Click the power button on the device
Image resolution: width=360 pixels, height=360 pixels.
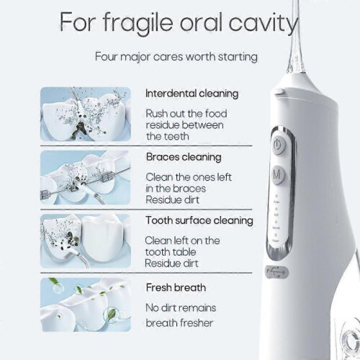[278, 145]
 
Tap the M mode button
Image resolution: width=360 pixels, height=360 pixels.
[278, 174]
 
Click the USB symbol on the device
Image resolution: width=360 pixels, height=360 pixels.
[276, 272]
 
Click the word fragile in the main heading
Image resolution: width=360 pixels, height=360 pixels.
[138, 23]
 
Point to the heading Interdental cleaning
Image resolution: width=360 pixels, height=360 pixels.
[192, 94]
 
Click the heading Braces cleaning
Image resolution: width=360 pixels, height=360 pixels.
[184, 157]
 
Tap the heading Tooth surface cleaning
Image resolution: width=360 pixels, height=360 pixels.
[199, 220]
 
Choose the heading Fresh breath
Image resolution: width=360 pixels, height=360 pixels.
[176, 287]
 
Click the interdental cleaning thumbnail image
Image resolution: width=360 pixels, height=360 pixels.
[86, 114]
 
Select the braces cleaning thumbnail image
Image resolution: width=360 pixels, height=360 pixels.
[85, 178]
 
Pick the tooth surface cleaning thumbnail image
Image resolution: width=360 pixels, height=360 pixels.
[86, 241]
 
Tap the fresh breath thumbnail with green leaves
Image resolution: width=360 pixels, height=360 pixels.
[86, 305]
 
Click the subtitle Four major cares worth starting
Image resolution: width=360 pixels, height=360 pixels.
[176, 57]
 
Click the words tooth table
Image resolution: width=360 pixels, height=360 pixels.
[171, 252]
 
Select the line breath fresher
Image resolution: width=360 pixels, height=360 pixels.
[179, 323]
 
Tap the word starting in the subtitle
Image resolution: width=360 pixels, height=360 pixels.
[238, 58]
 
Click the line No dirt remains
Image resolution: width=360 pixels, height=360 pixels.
[181, 307]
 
